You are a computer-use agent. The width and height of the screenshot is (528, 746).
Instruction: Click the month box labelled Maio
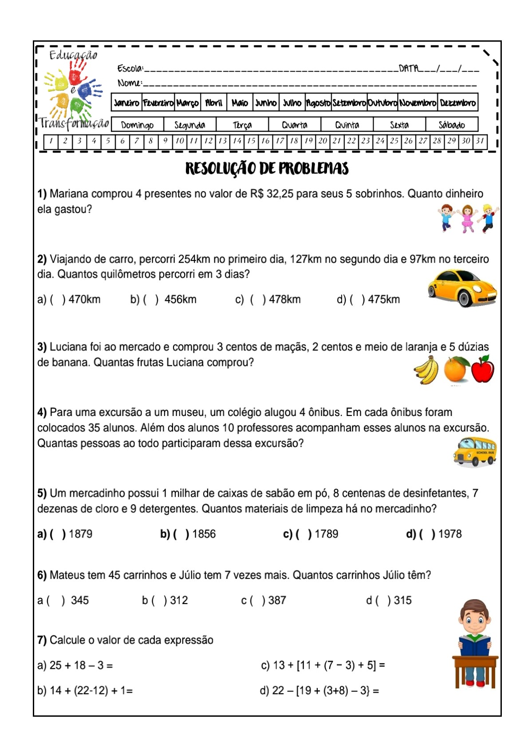point(240,103)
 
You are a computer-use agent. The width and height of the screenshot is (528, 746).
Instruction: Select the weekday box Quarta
point(295,125)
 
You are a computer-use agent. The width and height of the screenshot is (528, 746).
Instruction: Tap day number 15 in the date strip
point(251,141)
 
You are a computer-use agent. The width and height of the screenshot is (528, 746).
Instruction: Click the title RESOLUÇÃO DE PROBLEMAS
point(267,169)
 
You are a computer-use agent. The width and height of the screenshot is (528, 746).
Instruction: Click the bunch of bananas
point(426,371)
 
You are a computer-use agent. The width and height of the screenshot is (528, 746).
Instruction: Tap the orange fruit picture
point(456,370)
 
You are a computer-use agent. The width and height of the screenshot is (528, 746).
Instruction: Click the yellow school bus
point(474,452)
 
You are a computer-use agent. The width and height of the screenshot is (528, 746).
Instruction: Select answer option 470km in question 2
point(84,299)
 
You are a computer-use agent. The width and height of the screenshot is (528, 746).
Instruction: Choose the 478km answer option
point(284,299)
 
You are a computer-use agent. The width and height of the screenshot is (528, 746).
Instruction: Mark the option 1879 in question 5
point(80,534)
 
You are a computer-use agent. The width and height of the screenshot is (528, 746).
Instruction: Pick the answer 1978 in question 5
point(449,534)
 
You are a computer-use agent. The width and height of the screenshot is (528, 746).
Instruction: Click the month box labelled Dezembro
point(457,103)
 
